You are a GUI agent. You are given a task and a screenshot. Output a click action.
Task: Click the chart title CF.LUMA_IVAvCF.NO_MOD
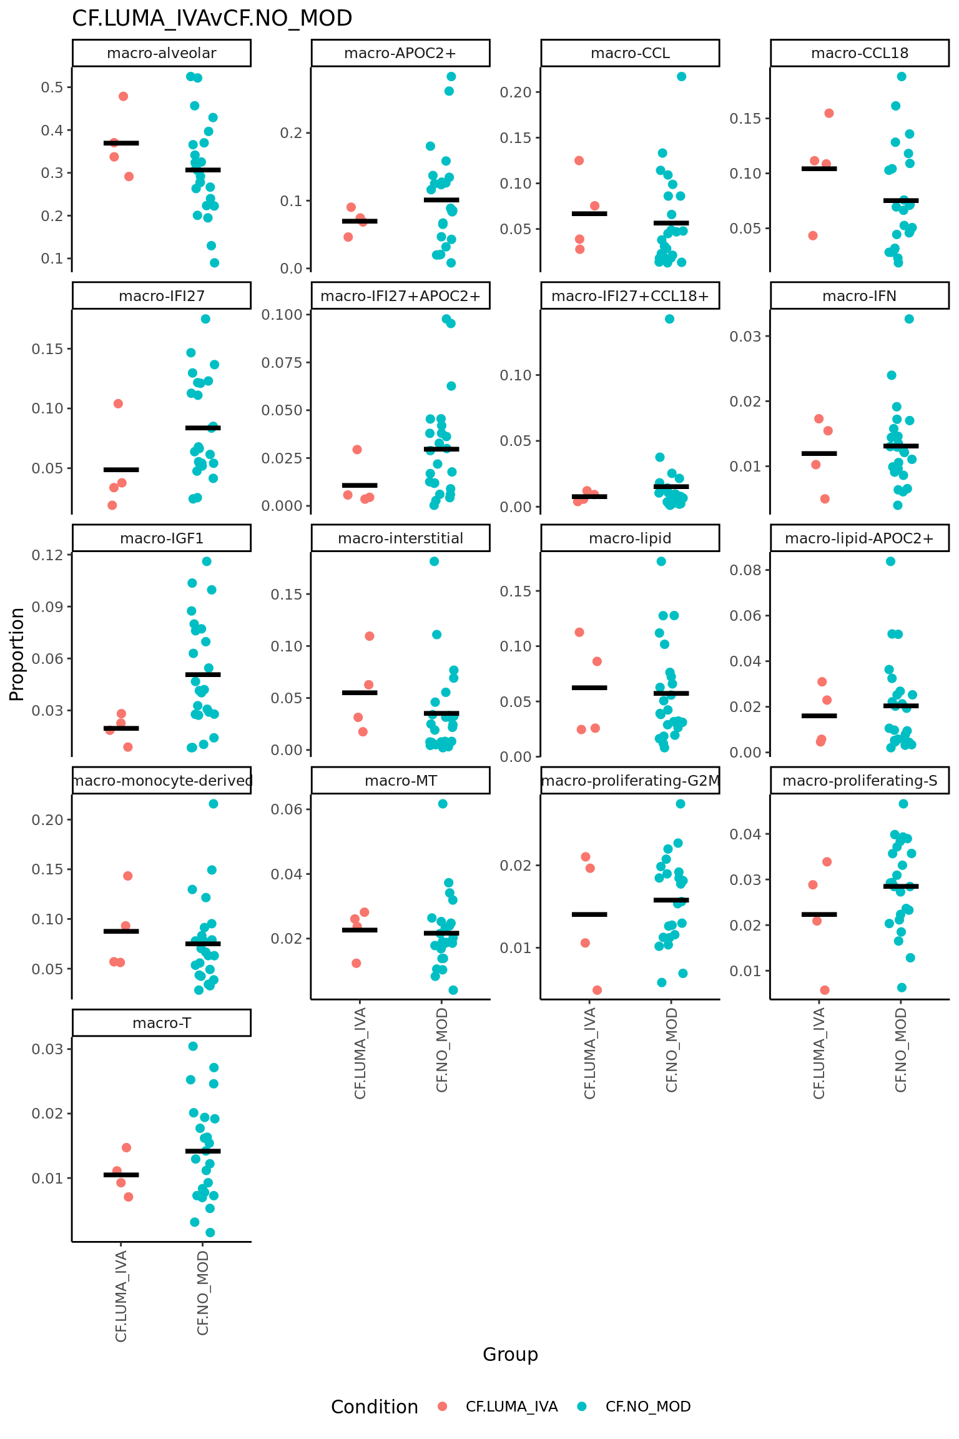point(212,19)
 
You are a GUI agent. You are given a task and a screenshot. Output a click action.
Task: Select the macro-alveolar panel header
point(161,53)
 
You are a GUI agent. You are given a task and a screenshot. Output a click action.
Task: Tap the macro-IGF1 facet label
point(161,538)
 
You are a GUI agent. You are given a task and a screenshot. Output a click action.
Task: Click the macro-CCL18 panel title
point(859,53)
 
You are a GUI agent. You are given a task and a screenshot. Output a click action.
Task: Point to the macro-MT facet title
point(400,781)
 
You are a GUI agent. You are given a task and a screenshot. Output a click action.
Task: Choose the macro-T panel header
point(161,1023)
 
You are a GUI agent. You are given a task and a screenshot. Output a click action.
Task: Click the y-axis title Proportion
point(17,654)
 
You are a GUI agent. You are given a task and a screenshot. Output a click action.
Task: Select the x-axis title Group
point(510,1354)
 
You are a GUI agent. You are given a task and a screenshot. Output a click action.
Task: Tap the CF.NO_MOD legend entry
point(647,1407)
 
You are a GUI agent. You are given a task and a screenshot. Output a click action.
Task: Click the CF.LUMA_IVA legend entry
point(511,1407)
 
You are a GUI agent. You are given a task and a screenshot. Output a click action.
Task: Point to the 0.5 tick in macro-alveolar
point(52,87)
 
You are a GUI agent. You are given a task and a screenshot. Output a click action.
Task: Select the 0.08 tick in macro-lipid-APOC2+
point(746,570)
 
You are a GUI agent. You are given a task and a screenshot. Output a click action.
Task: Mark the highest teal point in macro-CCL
point(681,77)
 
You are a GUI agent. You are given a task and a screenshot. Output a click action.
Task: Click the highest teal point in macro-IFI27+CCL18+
point(669,319)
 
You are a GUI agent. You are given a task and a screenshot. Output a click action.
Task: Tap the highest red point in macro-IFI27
point(118,403)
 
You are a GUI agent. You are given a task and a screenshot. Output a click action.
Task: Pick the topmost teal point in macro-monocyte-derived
point(214,804)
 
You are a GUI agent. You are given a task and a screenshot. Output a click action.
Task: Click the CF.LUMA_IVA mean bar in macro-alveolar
point(121,143)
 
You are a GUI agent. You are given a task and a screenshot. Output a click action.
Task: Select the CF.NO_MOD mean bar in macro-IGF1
point(203,675)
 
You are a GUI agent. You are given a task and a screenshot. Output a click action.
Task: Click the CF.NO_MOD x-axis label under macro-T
point(203,1292)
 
